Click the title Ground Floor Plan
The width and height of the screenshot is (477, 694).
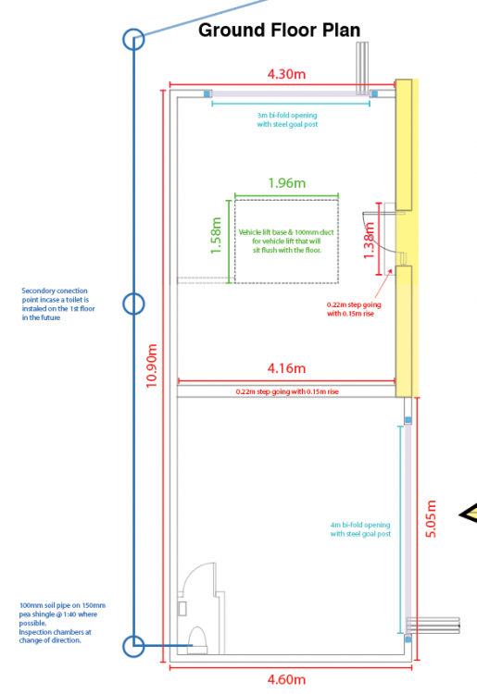coord(279,31)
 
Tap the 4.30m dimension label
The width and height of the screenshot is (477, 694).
coord(286,74)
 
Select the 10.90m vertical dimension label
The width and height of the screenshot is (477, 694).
coord(152,366)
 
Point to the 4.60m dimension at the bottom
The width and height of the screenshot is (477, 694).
coord(286,679)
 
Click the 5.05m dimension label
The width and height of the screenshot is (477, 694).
coord(431,519)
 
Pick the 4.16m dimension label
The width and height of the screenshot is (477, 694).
coord(286,368)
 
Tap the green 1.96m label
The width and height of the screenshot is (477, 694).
coord(287,183)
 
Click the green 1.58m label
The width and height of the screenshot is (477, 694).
coord(216,235)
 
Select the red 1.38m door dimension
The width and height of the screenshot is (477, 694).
coord(369,240)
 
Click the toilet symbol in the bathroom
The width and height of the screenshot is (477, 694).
coord(197,640)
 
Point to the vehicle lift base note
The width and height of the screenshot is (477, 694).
coord(286,242)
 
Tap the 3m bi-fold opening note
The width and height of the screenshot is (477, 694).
coord(287,119)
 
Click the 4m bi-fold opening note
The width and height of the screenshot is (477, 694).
coord(360,529)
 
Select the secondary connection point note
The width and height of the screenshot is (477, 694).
coord(58,304)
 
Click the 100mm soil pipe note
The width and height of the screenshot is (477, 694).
coord(62,623)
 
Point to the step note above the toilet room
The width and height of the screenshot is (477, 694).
coord(287,391)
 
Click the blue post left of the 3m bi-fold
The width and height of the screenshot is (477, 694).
coord(207,93)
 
